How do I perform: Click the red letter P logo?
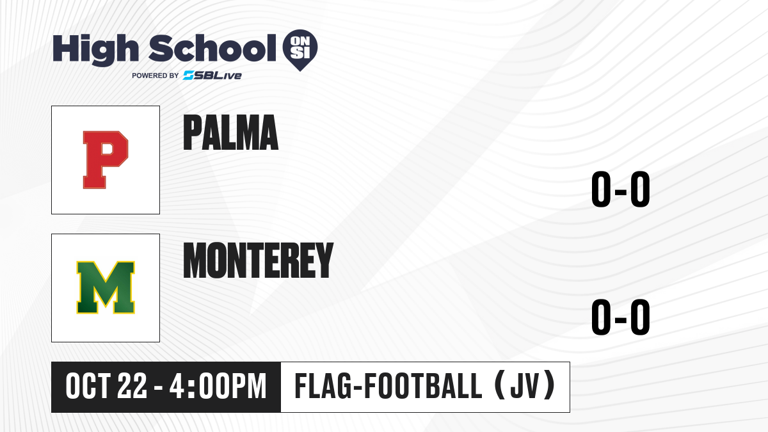(x=105, y=160)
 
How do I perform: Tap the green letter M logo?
(x=106, y=287)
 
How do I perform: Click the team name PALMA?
(x=230, y=132)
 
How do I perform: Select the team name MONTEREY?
(x=258, y=260)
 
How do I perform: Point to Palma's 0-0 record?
(x=621, y=189)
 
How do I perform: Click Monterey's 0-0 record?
(x=621, y=317)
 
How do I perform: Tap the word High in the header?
(x=95, y=50)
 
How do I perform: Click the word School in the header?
(x=212, y=48)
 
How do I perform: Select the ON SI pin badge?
(x=300, y=50)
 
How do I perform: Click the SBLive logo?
(x=212, y=76)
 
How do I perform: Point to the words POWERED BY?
(x=156, y=76)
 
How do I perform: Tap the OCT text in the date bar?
(x=88, y=387)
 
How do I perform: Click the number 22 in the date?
(x=132, y=387)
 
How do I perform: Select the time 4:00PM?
(x=218, y=387)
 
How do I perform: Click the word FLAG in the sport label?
(x=323, y=387)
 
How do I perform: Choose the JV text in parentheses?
(x=524, y=387)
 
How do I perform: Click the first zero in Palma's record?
(x=601, y=189)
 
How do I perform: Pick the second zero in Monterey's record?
(x=640, y=317)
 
